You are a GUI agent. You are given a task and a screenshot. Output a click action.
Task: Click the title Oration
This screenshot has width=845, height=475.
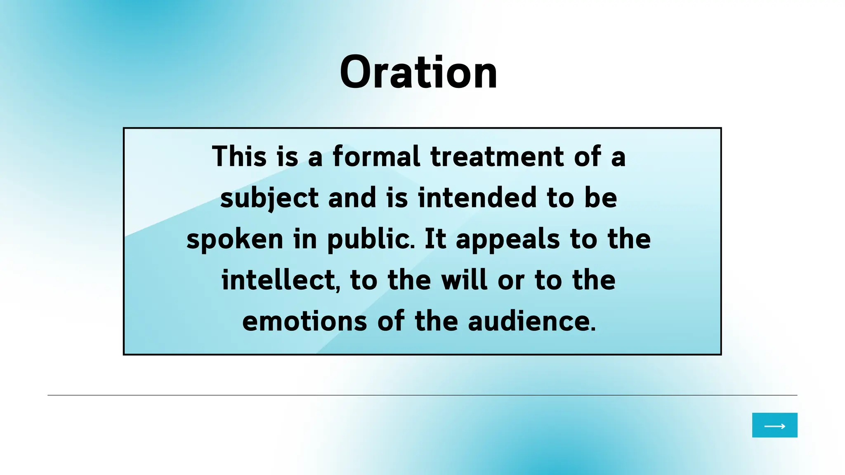pos(418,73)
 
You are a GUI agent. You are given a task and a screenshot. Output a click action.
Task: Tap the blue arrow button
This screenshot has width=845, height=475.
pos(774,425)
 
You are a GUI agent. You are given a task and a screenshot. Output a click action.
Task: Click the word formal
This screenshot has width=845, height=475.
pos(376,157)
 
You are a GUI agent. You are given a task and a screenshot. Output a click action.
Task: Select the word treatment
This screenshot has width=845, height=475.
pos(497,157)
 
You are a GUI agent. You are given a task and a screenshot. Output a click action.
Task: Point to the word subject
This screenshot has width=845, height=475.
pos(269,198)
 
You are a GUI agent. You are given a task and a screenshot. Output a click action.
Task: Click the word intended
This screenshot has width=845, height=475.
pos(477,198)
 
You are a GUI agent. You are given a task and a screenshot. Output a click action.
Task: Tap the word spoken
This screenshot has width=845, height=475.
pos(235,239)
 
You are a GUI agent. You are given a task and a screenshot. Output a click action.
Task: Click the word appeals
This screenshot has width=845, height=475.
pos(507,239)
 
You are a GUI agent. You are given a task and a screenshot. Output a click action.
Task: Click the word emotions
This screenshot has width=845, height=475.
pos(304,322)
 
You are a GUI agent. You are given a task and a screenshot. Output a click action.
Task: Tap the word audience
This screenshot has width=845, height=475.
pos(529,322)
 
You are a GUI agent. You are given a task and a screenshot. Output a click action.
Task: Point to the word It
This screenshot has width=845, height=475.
pos(435,239)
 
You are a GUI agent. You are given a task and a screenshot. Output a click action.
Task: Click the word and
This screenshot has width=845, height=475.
pos(352,198)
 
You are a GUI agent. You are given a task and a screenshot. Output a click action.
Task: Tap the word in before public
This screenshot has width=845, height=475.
pos(305,239)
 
